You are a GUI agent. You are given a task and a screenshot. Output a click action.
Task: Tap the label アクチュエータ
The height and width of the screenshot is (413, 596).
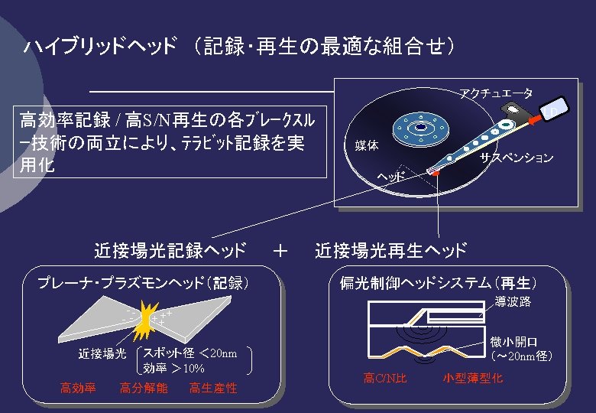click(x=496, y=94)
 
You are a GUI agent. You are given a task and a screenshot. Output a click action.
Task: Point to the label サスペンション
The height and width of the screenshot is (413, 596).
click(x=517, y=158)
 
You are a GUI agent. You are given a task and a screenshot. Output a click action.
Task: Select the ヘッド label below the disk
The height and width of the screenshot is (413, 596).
click(x=391, y=177)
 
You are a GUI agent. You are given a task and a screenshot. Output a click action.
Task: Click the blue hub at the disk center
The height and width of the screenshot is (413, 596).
click(x=419, y=128)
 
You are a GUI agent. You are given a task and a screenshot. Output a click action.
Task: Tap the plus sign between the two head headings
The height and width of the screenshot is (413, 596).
click(x=280, y=250)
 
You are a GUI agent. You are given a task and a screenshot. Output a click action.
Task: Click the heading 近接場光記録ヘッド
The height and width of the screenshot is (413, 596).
click(x=170, y=250)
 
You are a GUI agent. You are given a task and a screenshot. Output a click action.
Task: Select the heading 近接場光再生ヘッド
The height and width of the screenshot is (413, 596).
click(x=390, y=250)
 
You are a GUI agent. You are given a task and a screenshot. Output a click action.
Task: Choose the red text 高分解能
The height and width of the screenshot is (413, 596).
click(x=144, y=389)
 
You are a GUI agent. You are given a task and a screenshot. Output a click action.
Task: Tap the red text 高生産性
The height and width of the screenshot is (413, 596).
click(x=213, y=389)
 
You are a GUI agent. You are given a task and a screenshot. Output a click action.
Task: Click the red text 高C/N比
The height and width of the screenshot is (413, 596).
click(x=385, y=379)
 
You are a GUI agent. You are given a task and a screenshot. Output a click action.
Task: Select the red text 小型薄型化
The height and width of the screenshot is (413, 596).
click(x=473, y=379)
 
